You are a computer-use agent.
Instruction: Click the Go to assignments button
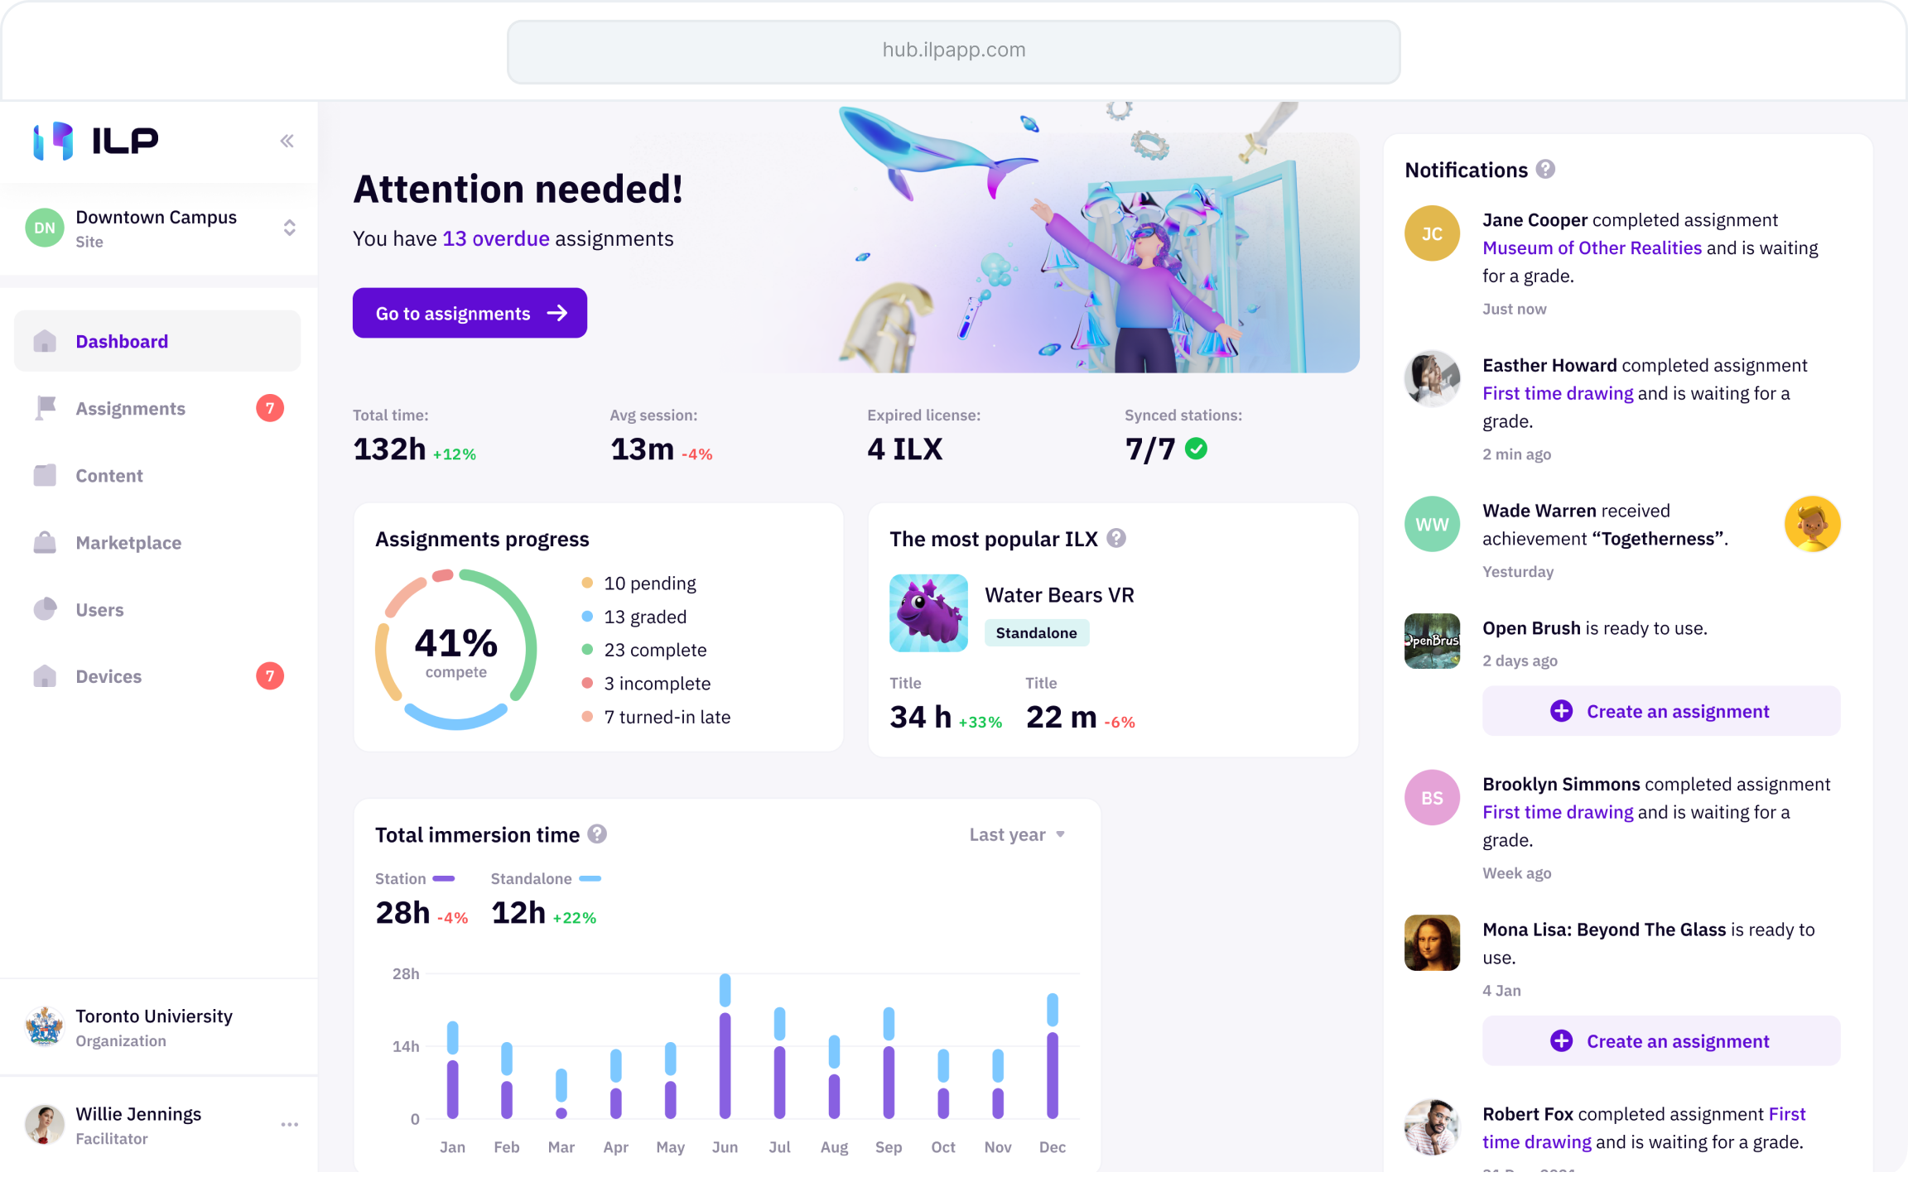pyautogui.click(x=470, y=313)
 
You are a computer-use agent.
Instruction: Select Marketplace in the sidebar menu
pyautogui.click(x=128, y=543)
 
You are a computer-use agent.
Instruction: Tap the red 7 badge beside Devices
pyautogui.click(x=270, y=676)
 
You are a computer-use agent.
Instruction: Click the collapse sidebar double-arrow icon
pyautogui.click(x=287, y=141)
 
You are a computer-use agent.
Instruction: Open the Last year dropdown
pyautogui.click(x=1017, y=834)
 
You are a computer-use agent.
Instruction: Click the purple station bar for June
pyautogui.click(x=725, y=1066)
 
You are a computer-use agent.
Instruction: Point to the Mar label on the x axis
pyautogui.click(x=561, y=1147)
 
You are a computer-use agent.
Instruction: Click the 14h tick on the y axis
pyautogui.click(x=406, y=1046)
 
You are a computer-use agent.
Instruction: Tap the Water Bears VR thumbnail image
pyautogui.click(x=928, y=613)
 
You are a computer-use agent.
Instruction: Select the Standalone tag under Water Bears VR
pyautogui.click(x=1036, y=633)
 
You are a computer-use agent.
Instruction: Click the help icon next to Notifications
pyautogui.click(x=1545, y=170)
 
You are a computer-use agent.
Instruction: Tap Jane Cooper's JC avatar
pyautogui.click(x=1432, y=234)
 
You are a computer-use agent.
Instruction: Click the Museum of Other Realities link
pyautogui.click(x=1592, y=248)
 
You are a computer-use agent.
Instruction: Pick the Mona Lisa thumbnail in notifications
pyautogui.click(x=1432, y=943)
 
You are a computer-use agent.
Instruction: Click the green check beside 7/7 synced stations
pyautogui.click(x=1196, y=449)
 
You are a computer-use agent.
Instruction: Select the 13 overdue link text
pyautogui.click(x=495, y=239)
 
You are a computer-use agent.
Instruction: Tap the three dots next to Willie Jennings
pyautogui.click(x=289, y=1124)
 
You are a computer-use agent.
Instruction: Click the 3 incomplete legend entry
pyautogui.click(x=656, y=684)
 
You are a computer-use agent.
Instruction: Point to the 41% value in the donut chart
pyautogui.click(x=455, y=643)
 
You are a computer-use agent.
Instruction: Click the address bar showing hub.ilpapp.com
pyautogui.click(x=953, y=51)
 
